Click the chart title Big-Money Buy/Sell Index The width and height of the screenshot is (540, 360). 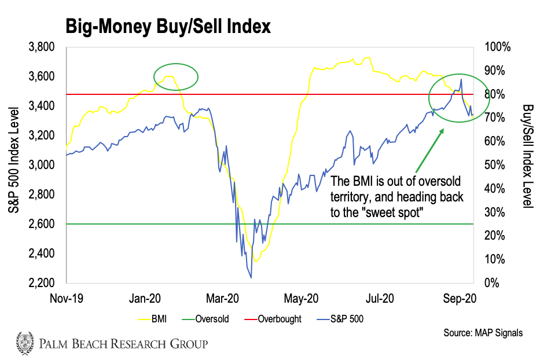point(167,27)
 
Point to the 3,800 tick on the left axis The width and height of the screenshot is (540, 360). point(42,47)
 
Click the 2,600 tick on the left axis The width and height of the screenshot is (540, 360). point(42,224)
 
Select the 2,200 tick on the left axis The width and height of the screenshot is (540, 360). point(42,283)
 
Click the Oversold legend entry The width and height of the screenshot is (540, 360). point(212,318)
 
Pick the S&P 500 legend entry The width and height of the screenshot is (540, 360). point(347,318)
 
